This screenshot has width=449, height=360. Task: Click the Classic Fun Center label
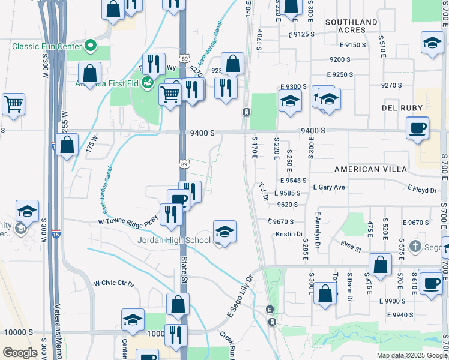(46, 46)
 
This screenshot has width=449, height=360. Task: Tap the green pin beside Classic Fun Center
(90, 45)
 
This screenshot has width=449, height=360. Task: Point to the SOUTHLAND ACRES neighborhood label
(352, 26)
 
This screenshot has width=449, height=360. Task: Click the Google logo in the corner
(20, 353)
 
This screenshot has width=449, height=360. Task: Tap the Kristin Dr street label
(289, 234)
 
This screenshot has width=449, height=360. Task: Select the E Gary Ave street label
(330, 187)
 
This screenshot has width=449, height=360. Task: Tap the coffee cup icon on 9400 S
(417, 128)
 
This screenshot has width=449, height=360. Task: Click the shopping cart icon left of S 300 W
(13, 104)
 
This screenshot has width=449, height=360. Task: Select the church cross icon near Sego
(415, 245)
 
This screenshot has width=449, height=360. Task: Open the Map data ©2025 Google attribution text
(411, 355)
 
